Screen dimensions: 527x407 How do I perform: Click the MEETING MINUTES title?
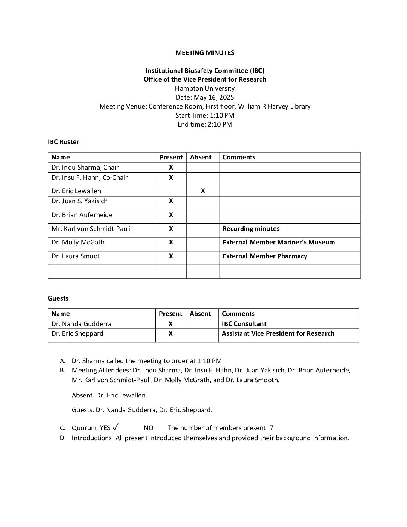pyautogui.click(x=205, y=53)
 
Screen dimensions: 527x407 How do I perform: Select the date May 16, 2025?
pyautogui.click(x=205, y=97)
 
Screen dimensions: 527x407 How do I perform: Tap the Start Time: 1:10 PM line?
pyautogui.click(x=205, y=115)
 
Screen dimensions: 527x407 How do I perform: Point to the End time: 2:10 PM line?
pyautogui.click(x=205, y=124)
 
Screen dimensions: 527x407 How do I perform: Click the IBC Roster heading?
pyautogui.click(x=63, y=142)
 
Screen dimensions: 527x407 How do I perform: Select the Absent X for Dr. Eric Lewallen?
pyautogui.click(x=202, y=191)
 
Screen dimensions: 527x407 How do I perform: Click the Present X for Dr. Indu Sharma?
pyautogui.click(x=171, y=167)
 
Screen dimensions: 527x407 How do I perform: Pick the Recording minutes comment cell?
pyautogui.click(x=251, y=229)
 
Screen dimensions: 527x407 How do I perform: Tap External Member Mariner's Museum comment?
pyautogui.click(x=278, y=242)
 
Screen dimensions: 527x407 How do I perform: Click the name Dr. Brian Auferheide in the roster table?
pyautogui.click(x=82, y=215)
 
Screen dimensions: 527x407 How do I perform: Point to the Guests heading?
pyautogui.click(x=58, y=298)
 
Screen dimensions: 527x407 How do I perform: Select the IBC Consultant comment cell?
pyautogui.click(x=244, y=324)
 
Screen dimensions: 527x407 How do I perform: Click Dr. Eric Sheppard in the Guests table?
pyautogui.click(x=77, y=333)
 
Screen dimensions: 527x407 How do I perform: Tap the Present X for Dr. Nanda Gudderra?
pyautogui.click(x=171, y=324)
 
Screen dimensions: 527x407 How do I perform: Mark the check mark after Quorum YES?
pyautogui.click(x=116, y=427)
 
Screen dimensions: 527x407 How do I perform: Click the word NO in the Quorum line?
pyautogui.click(x=148, y=428)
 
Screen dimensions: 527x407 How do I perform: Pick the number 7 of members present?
pyautogui.click(x=272, y=428)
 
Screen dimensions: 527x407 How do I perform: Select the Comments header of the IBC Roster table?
pyautogui.click(x=239, y=157)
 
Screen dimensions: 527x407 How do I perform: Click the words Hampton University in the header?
pyautogui.click(x=205, y=88)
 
